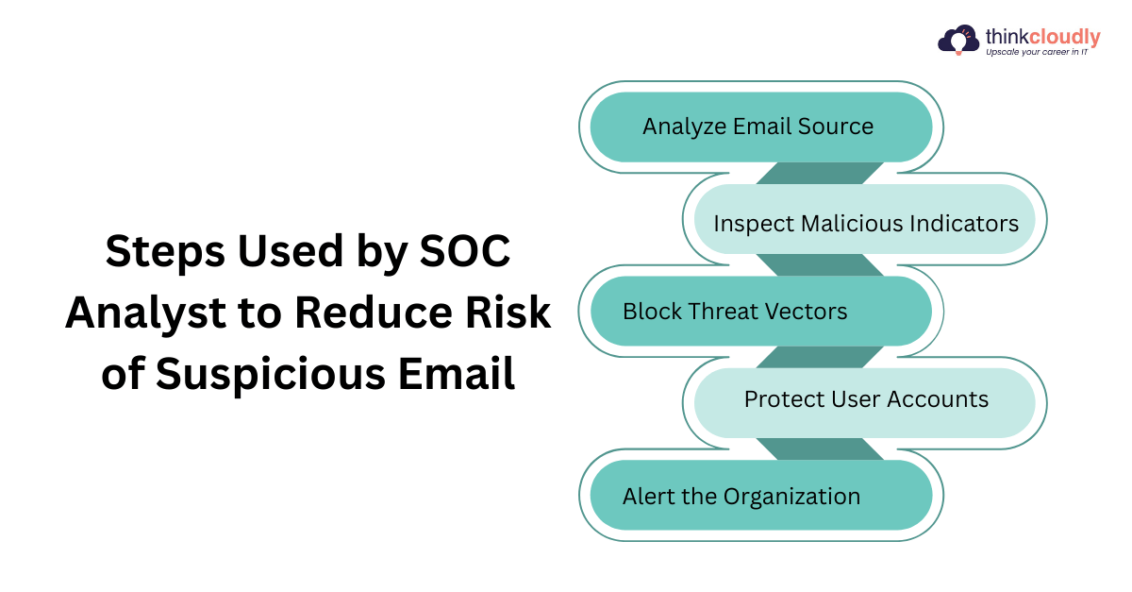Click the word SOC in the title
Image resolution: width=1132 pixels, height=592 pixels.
pos(465,251)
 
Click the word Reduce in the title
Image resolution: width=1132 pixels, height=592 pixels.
pos(374,313)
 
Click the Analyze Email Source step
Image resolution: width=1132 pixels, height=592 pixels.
pos(761,127)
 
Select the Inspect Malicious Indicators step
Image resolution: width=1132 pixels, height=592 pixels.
pos(865,219)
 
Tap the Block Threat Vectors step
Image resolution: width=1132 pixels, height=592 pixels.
pos(761,312)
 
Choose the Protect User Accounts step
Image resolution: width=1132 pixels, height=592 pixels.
pos(865,403)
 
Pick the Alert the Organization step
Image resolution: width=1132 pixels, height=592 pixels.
pos(761,496)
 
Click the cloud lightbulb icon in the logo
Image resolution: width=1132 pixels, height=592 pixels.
pos(958,40)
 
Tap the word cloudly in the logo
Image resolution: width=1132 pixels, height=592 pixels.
pos(1064,37)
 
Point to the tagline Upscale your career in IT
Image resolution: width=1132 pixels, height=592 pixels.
pos(1037,52)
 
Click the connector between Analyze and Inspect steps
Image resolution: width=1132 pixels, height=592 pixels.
pos(820,173)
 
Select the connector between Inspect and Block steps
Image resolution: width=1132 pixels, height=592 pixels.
pos(820,265)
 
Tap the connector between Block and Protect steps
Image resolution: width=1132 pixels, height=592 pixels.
pos(820,357)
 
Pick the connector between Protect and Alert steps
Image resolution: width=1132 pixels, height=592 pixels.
pos(820,449)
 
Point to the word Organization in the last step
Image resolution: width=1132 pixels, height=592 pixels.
pos(791,497)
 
